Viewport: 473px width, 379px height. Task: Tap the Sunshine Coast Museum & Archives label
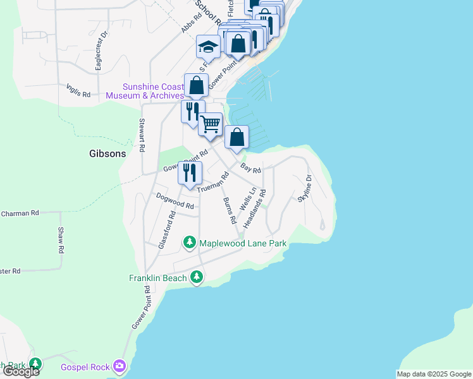click(145, 91)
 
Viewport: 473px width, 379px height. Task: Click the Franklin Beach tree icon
click(197, 277)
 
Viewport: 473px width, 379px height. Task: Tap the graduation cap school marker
click(207, 46)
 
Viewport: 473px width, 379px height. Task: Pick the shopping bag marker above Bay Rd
click(236, 137)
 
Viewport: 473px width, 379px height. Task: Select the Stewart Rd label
click(142, 135)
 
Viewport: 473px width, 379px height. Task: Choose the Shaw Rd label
click(61, 240)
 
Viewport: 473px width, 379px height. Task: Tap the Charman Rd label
click(20, 214)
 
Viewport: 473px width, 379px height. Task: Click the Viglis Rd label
click(78, 91)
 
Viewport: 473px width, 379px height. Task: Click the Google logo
click(21, 371)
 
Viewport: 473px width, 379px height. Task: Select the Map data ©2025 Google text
click(434, 374)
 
